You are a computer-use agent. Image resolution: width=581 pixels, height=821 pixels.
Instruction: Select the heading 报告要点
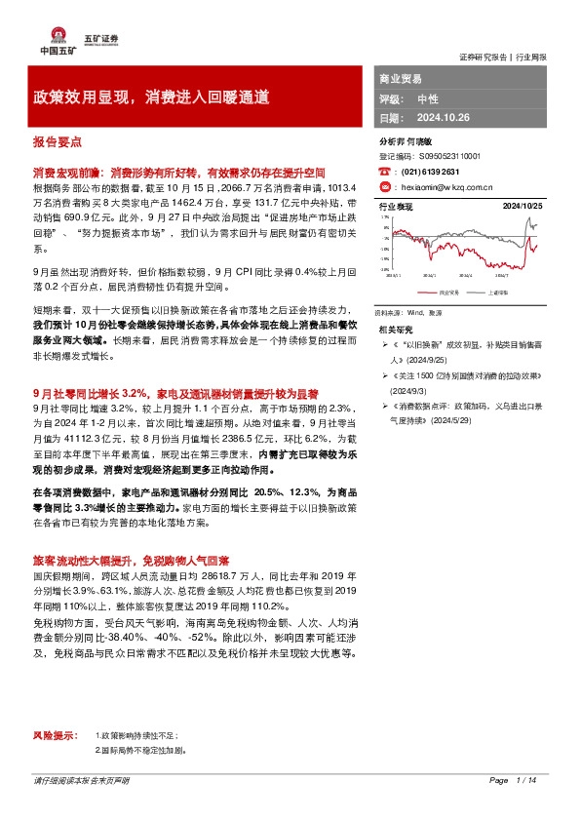pos(56,139)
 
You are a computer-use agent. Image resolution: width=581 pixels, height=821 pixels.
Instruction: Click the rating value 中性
pos(428,98)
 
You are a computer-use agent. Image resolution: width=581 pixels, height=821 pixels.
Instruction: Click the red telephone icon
pos(385,170)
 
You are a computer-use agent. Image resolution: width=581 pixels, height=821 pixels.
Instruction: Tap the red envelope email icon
pos(385,185)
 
